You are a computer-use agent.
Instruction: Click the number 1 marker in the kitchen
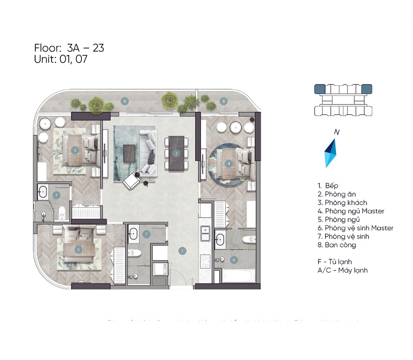(181, 250)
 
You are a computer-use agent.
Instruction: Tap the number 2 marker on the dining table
(176, 153)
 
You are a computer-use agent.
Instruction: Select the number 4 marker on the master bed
(228, 163)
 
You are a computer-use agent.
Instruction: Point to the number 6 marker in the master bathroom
(234, 260)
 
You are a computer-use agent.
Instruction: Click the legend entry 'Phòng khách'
(342, 203)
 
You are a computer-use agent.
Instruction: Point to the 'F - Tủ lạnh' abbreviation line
(335, 262)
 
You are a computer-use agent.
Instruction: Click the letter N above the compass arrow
(337, 133)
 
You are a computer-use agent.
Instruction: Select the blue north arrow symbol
(330, 153)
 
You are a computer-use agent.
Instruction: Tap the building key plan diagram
(343, 101)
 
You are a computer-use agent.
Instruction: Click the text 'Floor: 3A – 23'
(69, 48)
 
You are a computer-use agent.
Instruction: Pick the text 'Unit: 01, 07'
(61, 59)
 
